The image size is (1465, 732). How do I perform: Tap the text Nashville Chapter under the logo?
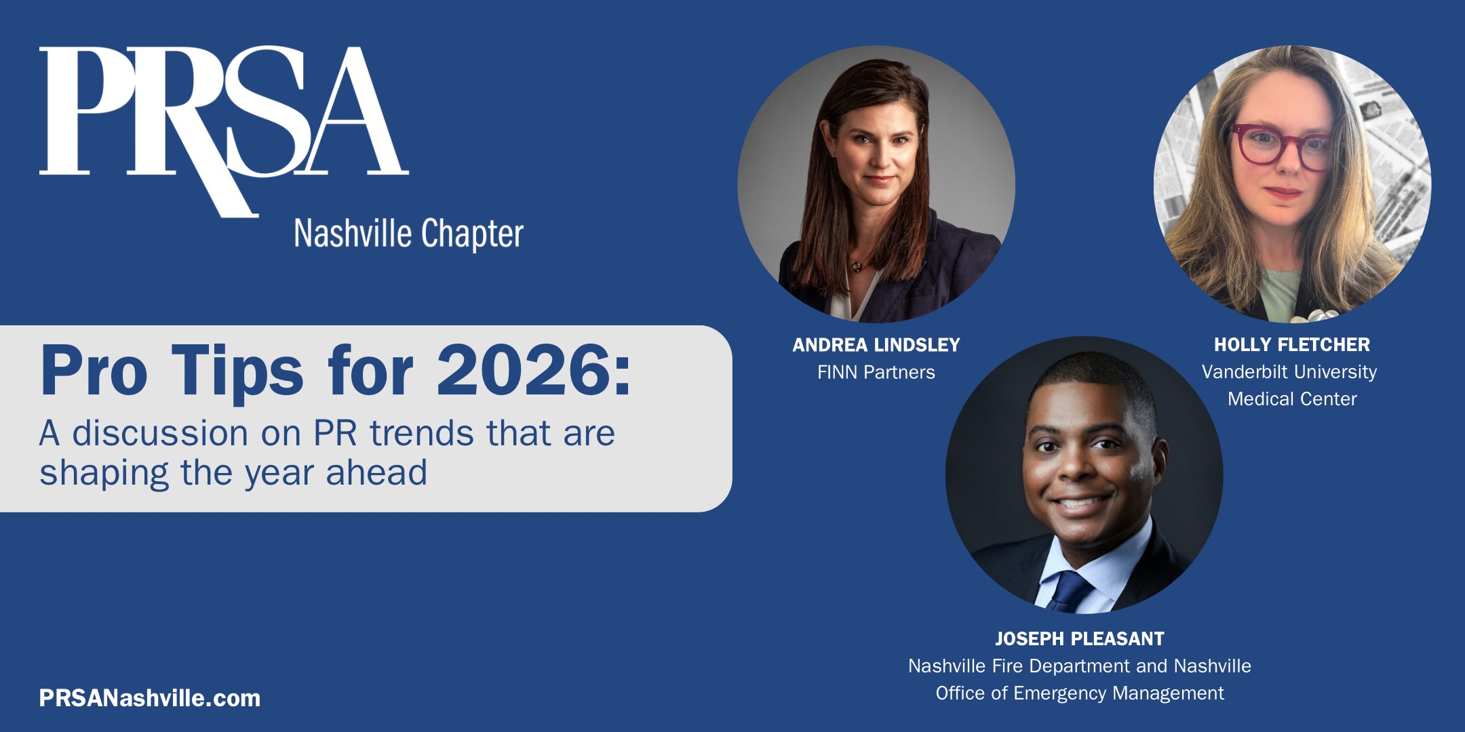click(x=408, y=234)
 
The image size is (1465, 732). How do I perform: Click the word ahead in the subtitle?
click(x=376, y=472)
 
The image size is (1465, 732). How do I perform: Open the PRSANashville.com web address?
click(x=150, y=698)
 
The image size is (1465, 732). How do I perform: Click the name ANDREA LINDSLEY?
click(x=876, y=345)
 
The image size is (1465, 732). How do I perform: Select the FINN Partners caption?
click(x=876, y=372)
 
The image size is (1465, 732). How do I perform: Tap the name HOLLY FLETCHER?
click(x=1292, y=345)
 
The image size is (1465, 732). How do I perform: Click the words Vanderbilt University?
click(x=1289, y=372)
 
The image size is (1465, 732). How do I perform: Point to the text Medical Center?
click(x=1292, y=399)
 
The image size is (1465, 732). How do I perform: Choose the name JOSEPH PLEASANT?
click(x=1080, y=639)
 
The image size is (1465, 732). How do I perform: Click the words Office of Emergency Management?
click(x=1080, y=693)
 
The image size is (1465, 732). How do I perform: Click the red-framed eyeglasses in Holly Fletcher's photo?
click(x=1280, y=147)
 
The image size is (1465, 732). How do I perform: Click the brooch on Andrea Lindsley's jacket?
click(x=857, y=266)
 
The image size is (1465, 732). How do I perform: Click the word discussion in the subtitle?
click(x=160, y=433)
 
